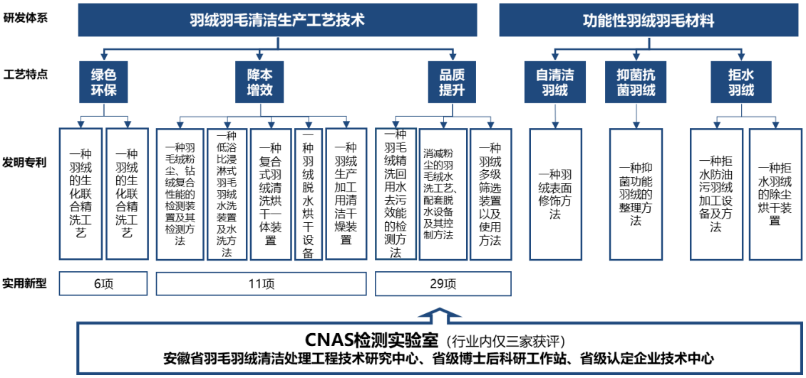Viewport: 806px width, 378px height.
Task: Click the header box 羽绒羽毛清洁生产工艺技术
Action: pyautogui.click(x=278, y=20)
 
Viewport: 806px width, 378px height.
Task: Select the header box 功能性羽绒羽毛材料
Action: pyautogui.click(x=649, y=20)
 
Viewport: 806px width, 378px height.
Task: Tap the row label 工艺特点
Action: pyautogui.click(x=25, y=74)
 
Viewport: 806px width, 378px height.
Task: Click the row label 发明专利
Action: pyautogui.click(x=25, y=163)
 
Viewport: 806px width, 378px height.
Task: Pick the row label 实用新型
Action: pyautogui.click(x=25, y=283)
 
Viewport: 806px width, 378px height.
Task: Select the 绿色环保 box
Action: pyautogui.click(x=104, y=82)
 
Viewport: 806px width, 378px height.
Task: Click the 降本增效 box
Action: pyautogui.click(x=259, y=82)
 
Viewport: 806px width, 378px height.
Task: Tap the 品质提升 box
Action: pyautogui.click(x=452, y=82)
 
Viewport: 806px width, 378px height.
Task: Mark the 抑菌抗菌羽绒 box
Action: pyautogui.click(x=637, y=82)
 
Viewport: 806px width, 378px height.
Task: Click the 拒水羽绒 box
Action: pyautogui.click(x=740, y=82)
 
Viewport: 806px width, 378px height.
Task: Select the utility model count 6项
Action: pyautogui.click(x=103, y=283)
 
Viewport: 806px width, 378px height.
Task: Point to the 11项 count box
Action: pyautogui.click(x=261, y=283)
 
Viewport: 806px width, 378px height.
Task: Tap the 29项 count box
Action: pyautogui.click(x=443, y=283)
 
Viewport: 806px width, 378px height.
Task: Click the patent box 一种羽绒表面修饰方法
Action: pyautogui.click(x=556, y=194)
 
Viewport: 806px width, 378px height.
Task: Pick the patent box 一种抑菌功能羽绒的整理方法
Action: pyautogui.click(x=636, y=194)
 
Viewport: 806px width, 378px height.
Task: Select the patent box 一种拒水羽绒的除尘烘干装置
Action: pyautogui.click(x=774, y=194)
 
